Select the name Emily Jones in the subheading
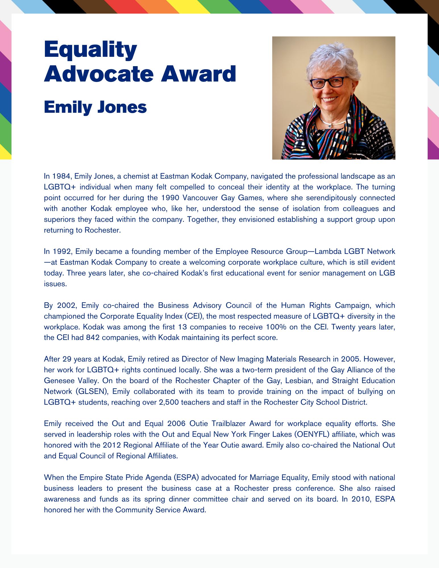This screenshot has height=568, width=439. click(95, 107)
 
